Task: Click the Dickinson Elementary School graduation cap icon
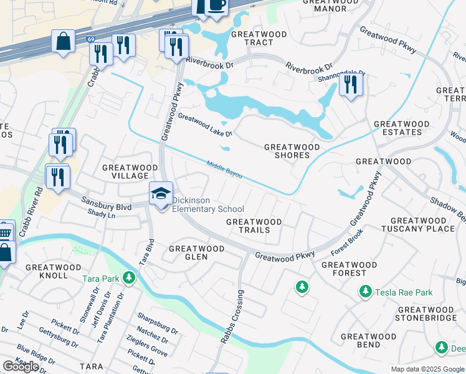(161, 194)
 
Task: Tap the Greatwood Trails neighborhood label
(254, 226)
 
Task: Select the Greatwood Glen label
(196, 252)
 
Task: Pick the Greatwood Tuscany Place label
(422, 224)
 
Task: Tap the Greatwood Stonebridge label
(426, 314)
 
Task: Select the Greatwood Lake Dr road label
(205, 125)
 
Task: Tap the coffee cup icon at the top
(216, 6)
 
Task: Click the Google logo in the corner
(21, 366)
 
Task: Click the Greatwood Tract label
(252, 38)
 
